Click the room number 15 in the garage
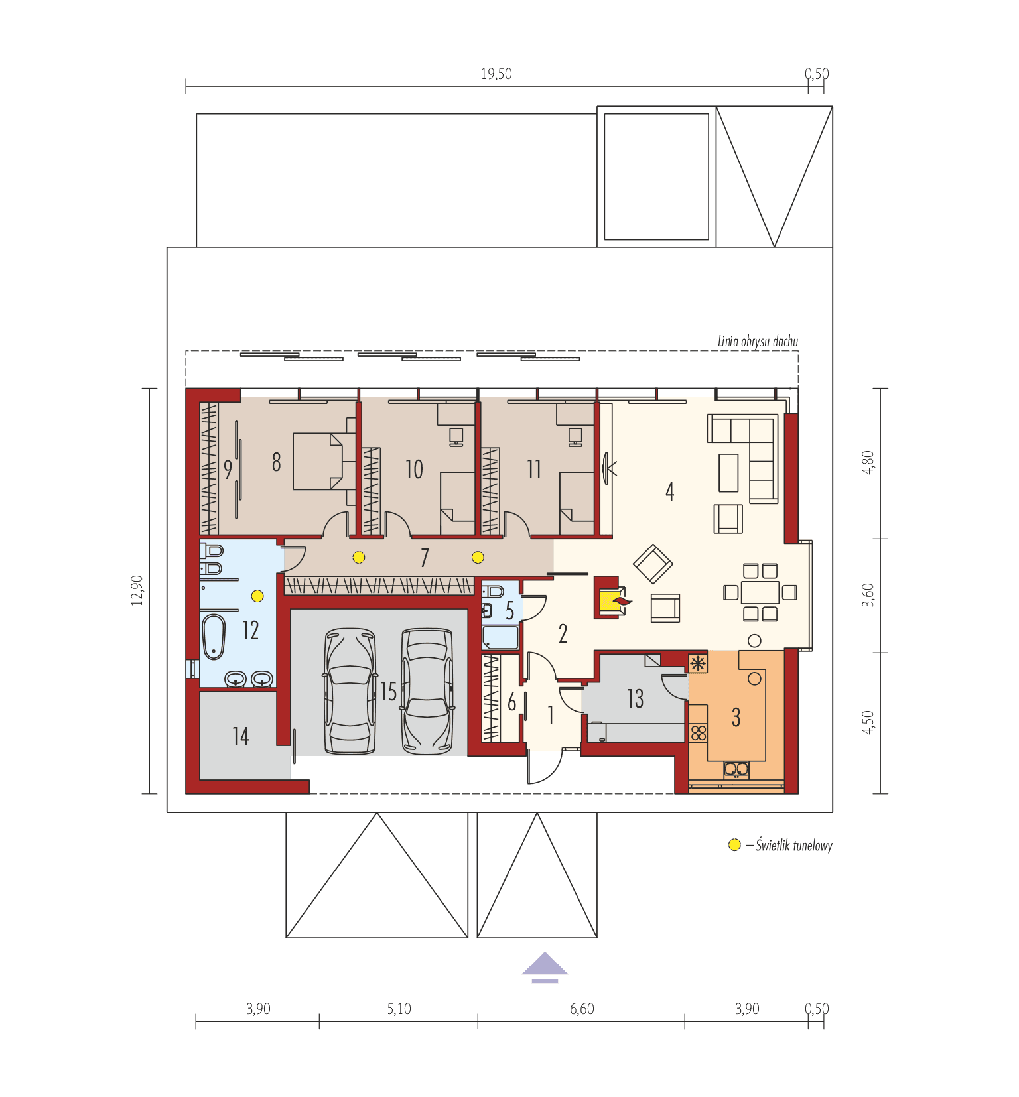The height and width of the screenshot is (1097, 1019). click(388, 692)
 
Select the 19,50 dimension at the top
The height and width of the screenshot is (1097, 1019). click(496, 74)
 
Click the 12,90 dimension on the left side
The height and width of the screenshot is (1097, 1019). click(137, 590)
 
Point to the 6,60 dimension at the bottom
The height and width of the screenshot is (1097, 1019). click(582, 1009)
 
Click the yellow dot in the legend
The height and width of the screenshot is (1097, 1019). click(734, 845)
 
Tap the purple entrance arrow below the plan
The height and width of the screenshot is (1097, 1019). click(545, 966)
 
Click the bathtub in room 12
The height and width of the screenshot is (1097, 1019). click(214, 637)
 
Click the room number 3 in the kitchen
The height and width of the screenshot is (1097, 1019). click(736, 718)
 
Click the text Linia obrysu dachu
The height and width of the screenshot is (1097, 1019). click(758, 341)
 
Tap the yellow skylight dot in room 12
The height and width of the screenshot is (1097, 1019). click(257, 596)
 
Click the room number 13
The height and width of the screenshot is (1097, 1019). click(635, 698)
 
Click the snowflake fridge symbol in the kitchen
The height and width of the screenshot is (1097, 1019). click(697, 663)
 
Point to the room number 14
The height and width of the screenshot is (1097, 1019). click(240, 736)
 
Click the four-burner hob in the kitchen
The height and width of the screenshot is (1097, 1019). click(699, 733)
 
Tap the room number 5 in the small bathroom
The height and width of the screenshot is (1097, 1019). click(509, 610)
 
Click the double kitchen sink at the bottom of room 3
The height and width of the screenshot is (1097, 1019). click(736, 769)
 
